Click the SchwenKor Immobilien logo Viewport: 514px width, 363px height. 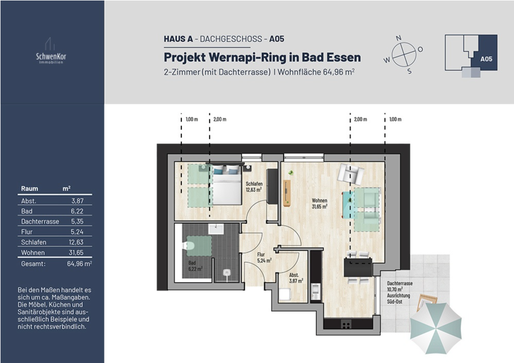click(51, 52)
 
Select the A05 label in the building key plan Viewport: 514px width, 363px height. click(486, 59)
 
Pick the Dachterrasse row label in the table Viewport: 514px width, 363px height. click(40, 221)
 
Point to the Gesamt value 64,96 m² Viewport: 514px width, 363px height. click(79, 263)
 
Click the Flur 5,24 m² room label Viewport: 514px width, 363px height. click(264, 257)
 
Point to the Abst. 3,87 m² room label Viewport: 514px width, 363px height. click(296, 277)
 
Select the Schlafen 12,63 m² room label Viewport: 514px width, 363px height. click(254, 186)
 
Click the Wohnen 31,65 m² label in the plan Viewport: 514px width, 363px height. click(319, 203)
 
